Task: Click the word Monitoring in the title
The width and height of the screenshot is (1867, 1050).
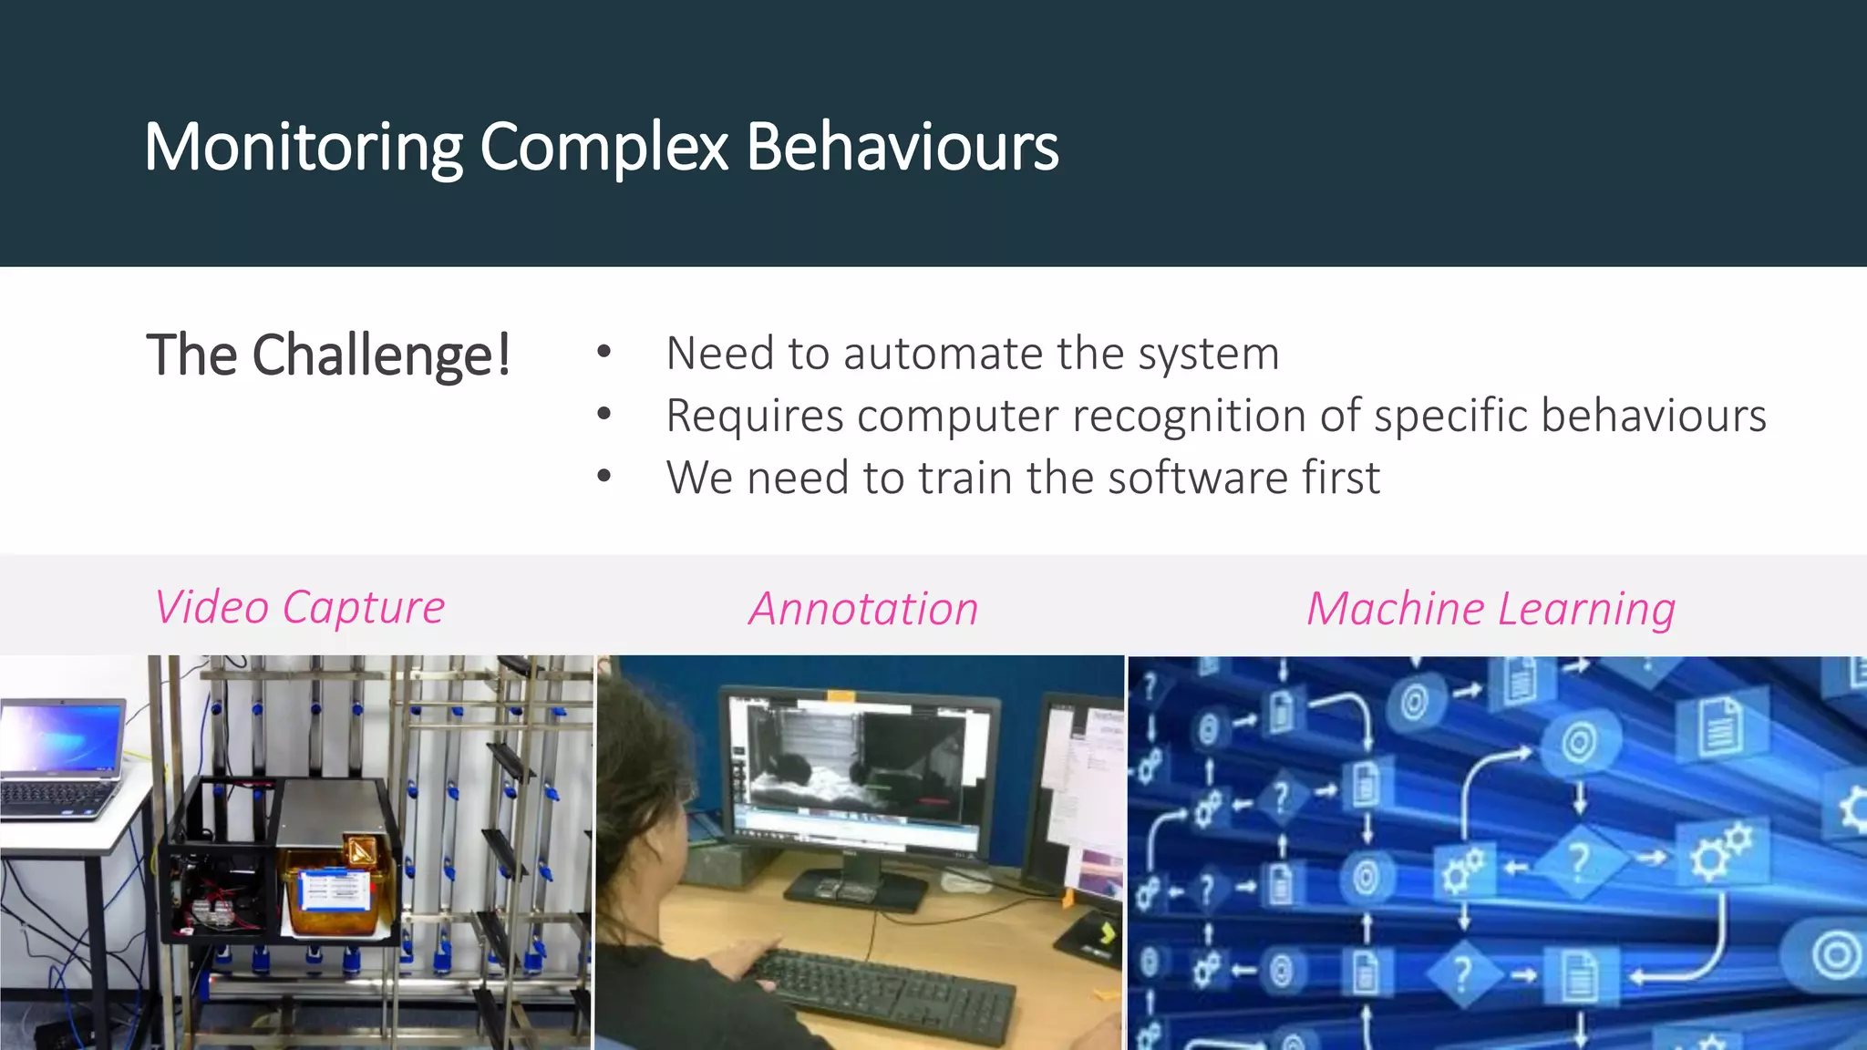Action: point(304,147)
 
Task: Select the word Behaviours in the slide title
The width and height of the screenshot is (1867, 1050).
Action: point(903,147)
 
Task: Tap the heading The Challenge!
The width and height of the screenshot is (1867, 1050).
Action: point(328,355)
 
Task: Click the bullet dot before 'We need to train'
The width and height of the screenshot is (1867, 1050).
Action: point(603,476)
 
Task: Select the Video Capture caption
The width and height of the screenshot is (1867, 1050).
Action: point(299,607)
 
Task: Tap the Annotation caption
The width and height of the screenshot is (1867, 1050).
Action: point(863,609)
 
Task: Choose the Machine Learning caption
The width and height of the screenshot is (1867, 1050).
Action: point(1491,609)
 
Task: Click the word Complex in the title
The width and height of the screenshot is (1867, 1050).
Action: point(603,147)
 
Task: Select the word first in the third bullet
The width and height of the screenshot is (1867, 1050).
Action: point(1341,478)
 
